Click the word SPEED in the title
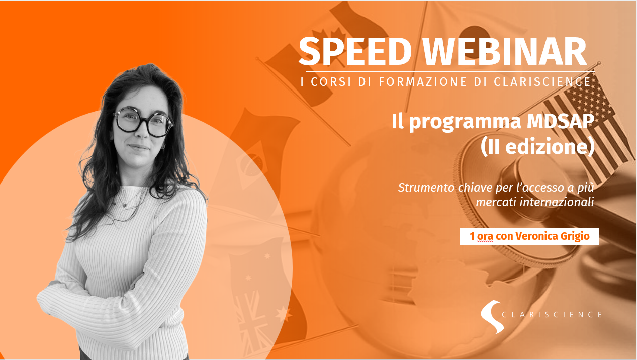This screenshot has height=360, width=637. tap(355, 52)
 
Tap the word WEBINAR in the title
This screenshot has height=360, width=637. tap(504, 52)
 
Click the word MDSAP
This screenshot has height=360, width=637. tap(561, 121)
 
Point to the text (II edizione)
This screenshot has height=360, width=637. tap(537, 147)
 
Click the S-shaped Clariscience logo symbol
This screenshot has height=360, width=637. tap(491, 316)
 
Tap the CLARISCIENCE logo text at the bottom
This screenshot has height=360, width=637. tap(552, 315)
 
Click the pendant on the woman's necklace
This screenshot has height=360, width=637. tap(124, 205)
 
